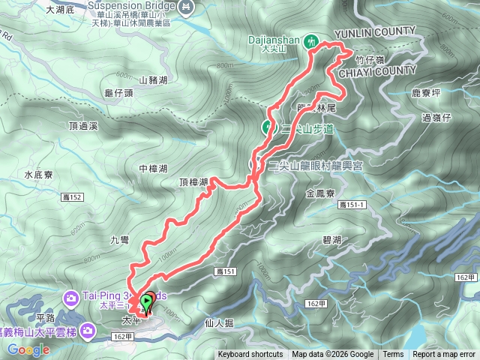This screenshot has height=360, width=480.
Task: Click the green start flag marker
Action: (x=145, y=302)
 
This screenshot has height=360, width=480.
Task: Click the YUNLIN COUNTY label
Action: (x=374, y=31)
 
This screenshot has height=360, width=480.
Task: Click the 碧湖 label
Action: (x=331, y=241)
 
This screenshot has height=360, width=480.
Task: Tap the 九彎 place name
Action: (x=119, y=240)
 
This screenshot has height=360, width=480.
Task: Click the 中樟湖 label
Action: (x=152, y=169)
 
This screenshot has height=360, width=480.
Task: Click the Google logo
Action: (x=28, y=349)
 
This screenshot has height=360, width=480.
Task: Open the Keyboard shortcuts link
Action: (x=250, y=355)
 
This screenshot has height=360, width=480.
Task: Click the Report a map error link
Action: (x=444, y=355)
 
